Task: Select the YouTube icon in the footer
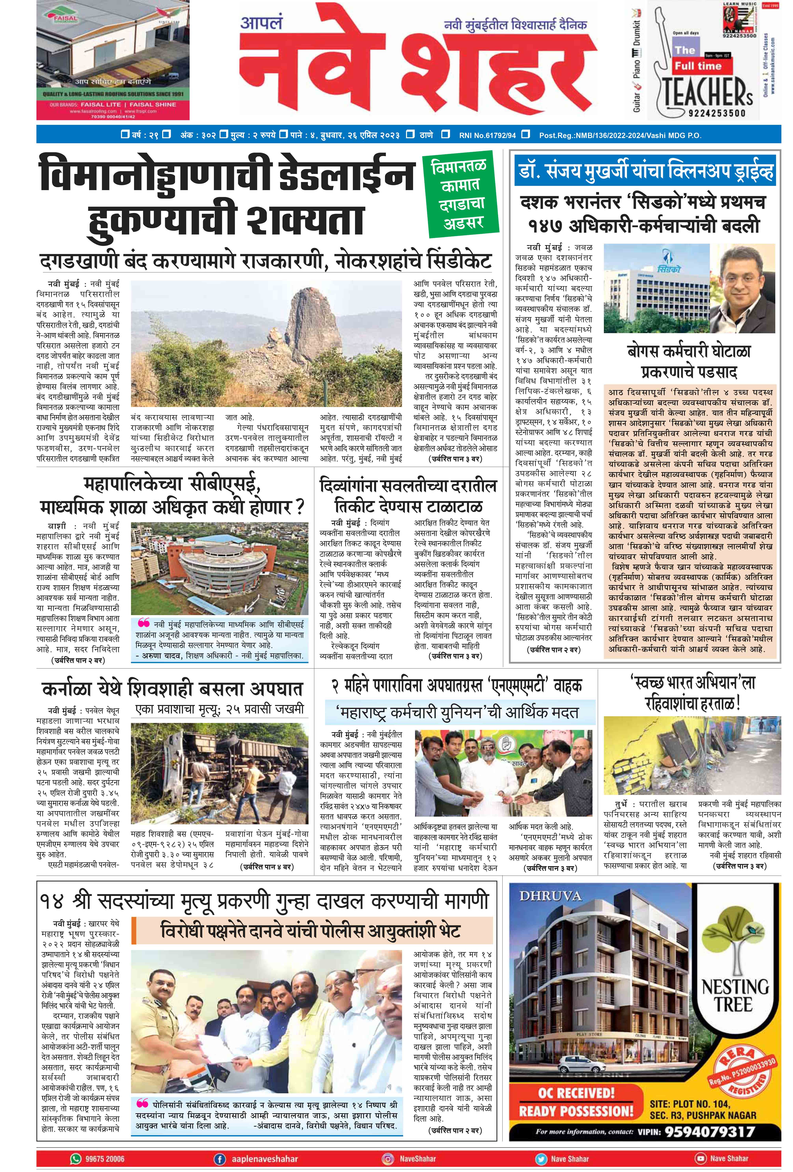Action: pos(700,1158)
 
